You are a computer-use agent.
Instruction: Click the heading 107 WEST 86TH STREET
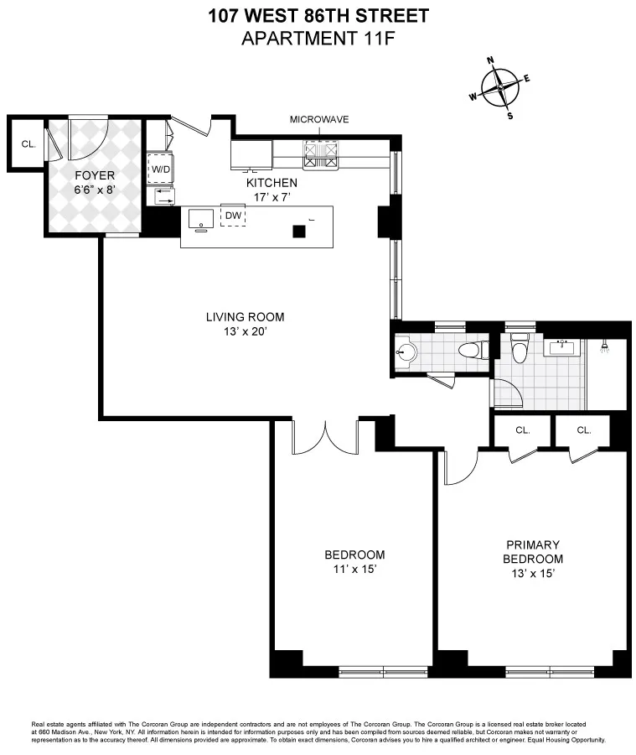coord(318,15)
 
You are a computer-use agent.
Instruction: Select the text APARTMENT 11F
coord(318,38)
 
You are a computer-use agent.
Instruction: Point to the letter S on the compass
coord(509,116)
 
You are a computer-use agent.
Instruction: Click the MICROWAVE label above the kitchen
coord(319,120)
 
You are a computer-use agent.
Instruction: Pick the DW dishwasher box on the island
coord(233,216)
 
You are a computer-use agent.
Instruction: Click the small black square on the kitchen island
coord(297,232)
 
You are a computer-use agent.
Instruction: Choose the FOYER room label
coord(94,175)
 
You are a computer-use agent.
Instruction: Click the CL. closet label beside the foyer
coord(28,143)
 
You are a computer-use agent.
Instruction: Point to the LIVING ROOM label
coord(245,317)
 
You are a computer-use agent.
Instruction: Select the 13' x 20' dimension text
coord(245,331)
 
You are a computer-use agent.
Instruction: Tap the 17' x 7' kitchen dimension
coord(271,197)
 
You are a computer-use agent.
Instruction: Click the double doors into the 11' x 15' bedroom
coord(325,436)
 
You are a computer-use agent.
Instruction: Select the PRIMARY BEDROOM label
coord(532,552)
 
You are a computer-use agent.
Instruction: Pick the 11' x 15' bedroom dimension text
coord(354,570)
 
